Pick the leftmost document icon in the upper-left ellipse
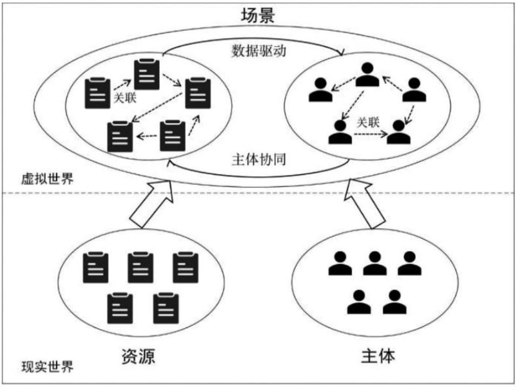click(x=97, y=93)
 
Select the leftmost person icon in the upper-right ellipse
click(x=321, y=90)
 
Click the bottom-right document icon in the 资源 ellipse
click(x=166, y=308)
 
